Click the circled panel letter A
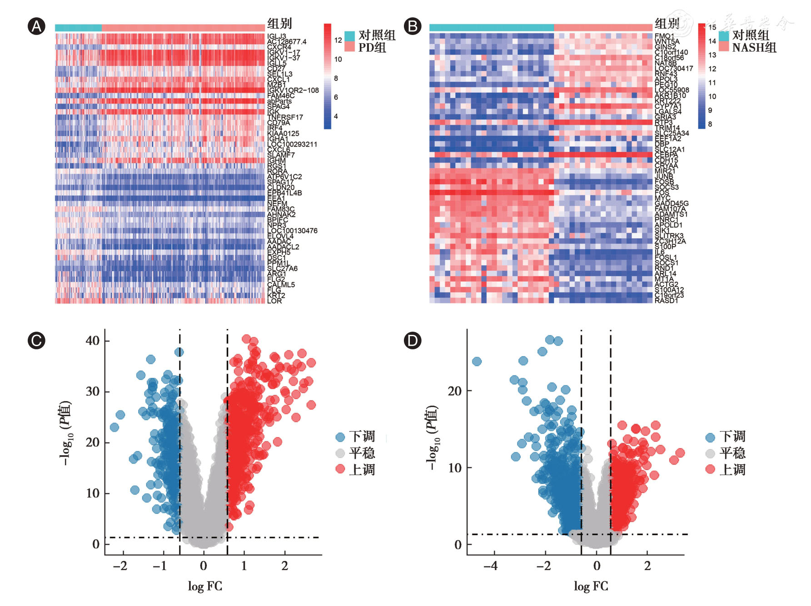coord(36,26)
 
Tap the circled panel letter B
coord(413,26)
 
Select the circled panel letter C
coord(36,340)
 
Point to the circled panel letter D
coord(413,340)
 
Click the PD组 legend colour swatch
coord(349,47)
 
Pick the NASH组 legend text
coord(754,47)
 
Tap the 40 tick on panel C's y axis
coord(93,341)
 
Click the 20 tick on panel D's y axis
coord(455,391)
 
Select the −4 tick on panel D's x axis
coord(490,566)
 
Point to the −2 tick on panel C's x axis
coord(120,566)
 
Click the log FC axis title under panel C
coord(205,586)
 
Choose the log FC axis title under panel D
coord(591,586)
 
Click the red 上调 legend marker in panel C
coord(340,469)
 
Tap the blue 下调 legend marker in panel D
coord(710,437)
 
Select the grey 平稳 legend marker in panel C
coord(340,453)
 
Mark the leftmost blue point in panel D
coord(477,362)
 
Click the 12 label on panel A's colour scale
coord(338,40)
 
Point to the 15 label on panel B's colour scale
coord(712,27)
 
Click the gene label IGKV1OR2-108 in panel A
coord(293,90)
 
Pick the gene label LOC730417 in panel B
coord(674,69)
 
